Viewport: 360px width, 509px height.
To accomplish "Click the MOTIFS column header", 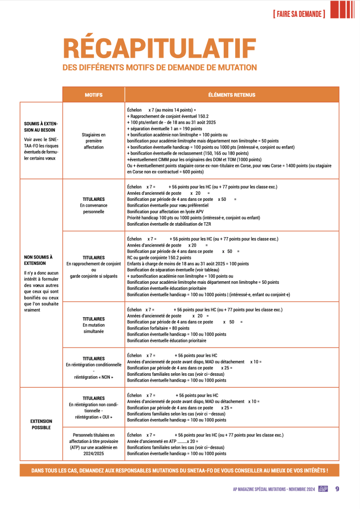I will pos(93,94).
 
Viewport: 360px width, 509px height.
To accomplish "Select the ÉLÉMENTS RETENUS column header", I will pos(232,94).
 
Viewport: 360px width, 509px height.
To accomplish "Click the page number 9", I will pos(337,489).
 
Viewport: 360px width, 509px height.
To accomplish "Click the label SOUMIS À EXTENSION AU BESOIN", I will pos(41,127).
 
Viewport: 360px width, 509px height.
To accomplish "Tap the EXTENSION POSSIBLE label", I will pos(41,424).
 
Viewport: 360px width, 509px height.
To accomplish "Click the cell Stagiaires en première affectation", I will pos(93,141).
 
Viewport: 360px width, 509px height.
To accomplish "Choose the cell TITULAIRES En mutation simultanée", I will pos(93,325).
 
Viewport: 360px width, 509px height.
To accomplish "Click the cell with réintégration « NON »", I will pos(93,368).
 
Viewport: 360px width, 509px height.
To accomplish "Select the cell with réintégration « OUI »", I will pos(93,408).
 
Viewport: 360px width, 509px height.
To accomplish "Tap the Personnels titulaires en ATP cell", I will pos(93,444).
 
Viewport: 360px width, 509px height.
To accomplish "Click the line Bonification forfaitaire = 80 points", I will pos(159,328).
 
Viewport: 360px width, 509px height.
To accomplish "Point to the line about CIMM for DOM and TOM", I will pos(194,160).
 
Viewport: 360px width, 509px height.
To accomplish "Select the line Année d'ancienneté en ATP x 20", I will pos(163,441).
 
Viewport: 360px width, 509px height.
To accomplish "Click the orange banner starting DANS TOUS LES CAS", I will pos(180,470).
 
